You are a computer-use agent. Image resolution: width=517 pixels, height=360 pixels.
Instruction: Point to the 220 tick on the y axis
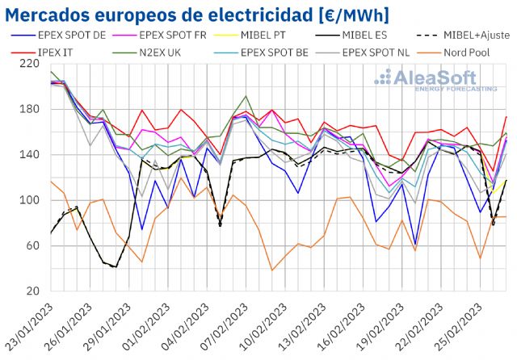point(32,64)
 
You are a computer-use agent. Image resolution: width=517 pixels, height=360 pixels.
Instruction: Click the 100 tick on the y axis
point(32,200)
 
